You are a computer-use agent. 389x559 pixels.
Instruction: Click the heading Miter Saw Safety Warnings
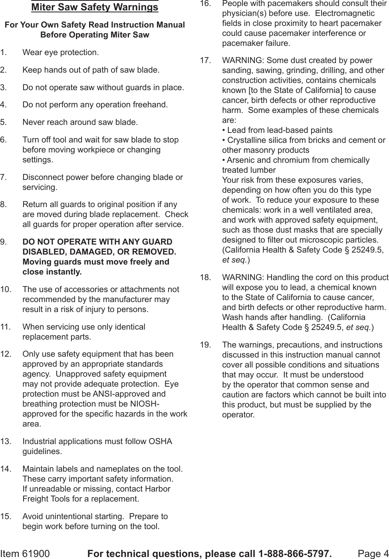pyautogui.click(x=95, y=7)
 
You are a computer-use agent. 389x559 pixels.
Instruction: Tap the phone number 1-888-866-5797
pyautogui.click(x=295, y=553)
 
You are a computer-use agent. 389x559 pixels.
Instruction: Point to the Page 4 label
pyautogui.click(x=373, y=553)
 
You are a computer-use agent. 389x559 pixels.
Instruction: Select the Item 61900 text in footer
pyautogui.click(x=25, y=553)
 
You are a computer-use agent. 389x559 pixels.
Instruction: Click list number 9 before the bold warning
pyautogui.click(x=3, y=242)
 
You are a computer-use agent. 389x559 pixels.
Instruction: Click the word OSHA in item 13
pyautogui.click(x=160, y=442)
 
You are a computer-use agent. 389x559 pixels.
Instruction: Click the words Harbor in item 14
pyautogui.click(x=156, y=489)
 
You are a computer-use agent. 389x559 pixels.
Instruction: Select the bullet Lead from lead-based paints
pyautogui.click(x=278, y=130)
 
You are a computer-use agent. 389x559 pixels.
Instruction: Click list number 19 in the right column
pyautogui.click(x=205, y=345)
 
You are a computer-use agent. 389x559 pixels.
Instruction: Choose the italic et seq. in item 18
pyautogui.click(x=358, y=327)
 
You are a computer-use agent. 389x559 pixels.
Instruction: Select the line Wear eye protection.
pyautogui.click(x=61, y=52)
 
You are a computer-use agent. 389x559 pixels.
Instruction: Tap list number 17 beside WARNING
pyautogui.click(x=205, y=61)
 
